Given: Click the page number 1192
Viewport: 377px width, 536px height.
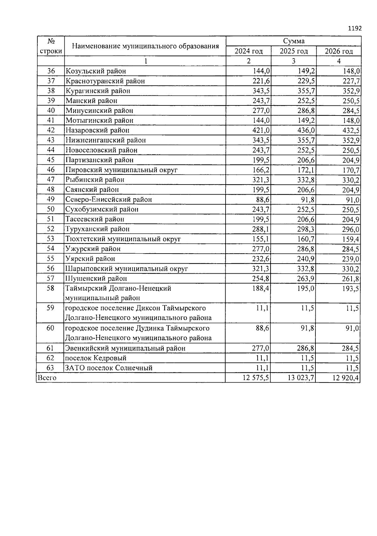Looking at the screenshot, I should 355,29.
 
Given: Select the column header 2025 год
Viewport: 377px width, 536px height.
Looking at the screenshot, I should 293,51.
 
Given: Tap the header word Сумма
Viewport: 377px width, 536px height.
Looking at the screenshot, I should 293,41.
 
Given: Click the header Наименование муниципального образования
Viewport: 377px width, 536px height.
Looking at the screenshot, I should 145,46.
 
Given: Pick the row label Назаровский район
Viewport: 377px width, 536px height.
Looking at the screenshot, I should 97,130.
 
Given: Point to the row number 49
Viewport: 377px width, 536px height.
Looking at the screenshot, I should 51,199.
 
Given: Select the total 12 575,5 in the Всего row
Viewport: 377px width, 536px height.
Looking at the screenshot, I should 256,378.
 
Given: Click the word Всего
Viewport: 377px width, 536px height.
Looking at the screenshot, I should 47,378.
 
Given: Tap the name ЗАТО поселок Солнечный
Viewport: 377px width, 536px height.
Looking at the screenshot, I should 109,368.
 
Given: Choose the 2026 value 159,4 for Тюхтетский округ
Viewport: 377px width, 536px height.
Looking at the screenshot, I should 351,239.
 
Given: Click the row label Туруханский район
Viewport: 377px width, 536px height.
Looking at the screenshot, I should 97,229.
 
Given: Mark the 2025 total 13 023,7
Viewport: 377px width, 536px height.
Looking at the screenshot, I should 301,378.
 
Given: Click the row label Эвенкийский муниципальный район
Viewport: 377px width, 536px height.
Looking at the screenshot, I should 125,348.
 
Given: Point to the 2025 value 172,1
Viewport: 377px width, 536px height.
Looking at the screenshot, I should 306,170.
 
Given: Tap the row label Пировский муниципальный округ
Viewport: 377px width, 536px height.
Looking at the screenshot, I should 122,170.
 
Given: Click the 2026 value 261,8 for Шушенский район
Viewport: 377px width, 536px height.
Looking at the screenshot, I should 351,279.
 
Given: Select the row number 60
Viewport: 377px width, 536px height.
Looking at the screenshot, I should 51,328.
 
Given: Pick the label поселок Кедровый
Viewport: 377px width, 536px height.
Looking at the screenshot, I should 96,358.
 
